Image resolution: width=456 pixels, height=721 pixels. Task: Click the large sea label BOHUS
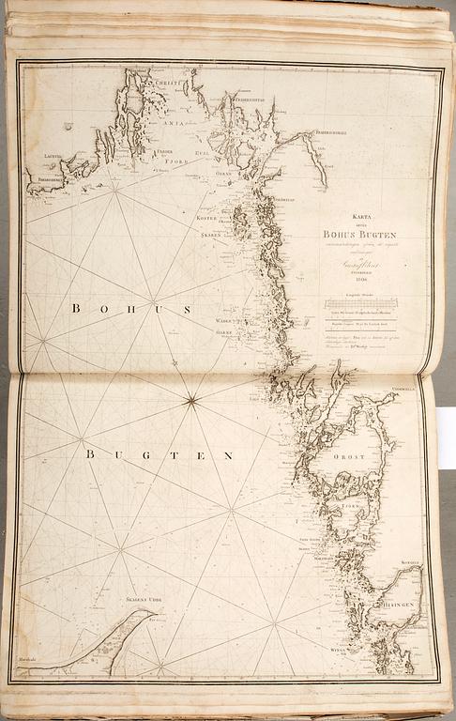click(x=130, y=308)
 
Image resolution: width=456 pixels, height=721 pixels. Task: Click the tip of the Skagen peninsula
click(x=152, y=613)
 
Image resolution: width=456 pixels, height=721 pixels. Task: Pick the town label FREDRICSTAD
click(x=251, y=93)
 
